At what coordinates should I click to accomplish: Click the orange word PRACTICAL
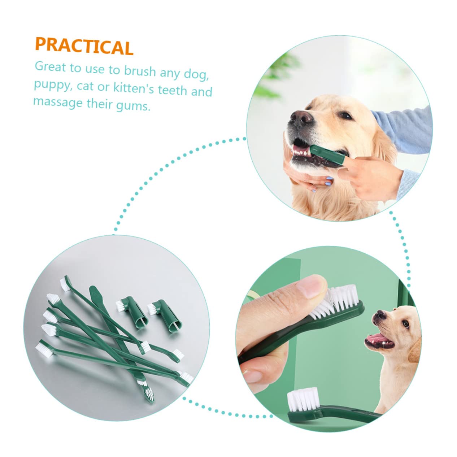[84, 47]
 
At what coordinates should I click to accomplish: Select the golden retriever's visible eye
[345, 116]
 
